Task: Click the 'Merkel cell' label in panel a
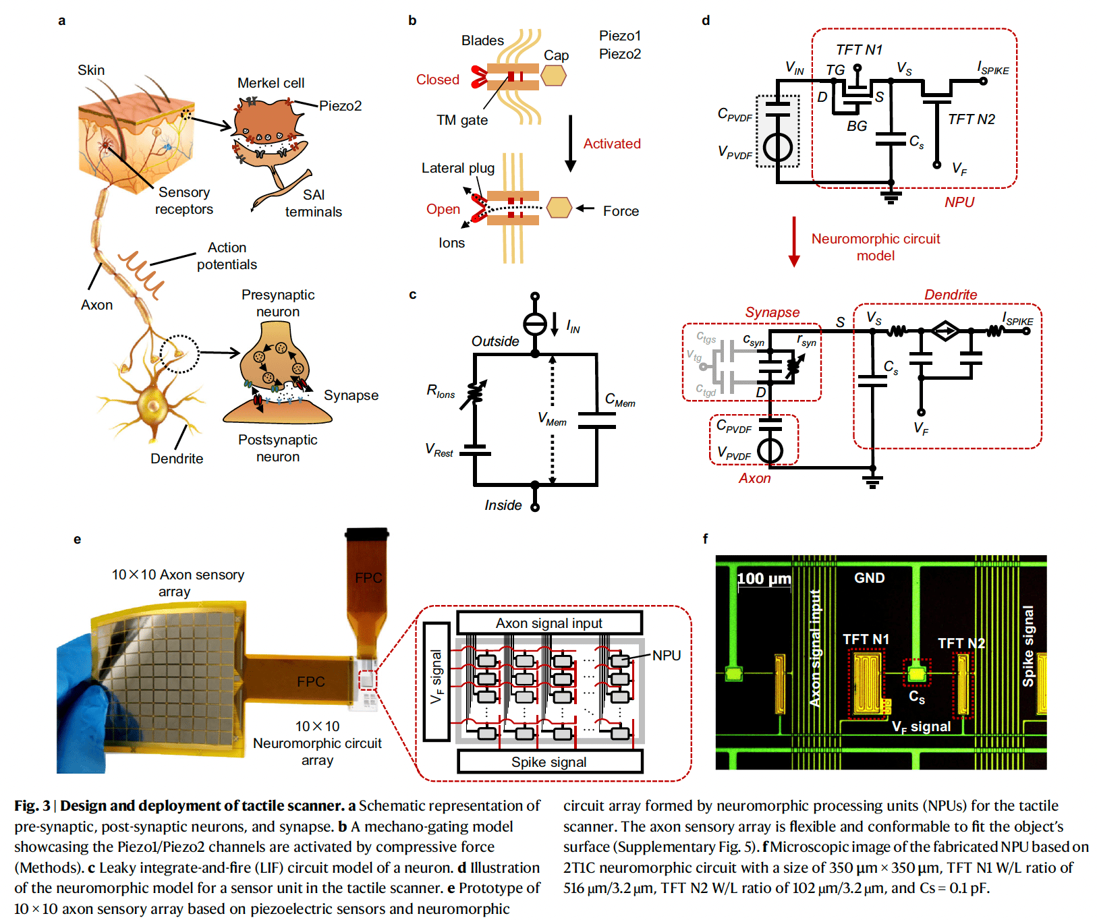[x=271, y=83]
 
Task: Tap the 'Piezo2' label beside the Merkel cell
[x=340, y=106]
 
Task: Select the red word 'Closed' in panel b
[x=437, y=80]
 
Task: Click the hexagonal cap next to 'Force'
[x=559, y=208]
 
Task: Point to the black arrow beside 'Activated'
[x=570, y=143]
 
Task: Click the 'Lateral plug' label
[x=457, y=168]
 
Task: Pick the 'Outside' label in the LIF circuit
[x=495, y=341]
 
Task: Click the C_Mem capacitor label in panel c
[x=619, y=400]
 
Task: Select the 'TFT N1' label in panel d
[x=858, y=50]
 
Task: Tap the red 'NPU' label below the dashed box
[x=959, y=202]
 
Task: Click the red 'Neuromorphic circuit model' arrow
[x=794, y=241]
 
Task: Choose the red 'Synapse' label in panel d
[x=772, y=312]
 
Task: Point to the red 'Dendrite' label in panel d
[x=950, y=295]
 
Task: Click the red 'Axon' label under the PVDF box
[x=754, y=478]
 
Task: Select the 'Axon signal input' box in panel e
[x=549, y=623]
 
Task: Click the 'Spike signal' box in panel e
[x=549, y=762]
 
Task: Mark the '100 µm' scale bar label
[x=764, y=579]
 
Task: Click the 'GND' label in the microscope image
[x=869, y=578]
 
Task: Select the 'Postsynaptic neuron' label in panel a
[x=277, y=448]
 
